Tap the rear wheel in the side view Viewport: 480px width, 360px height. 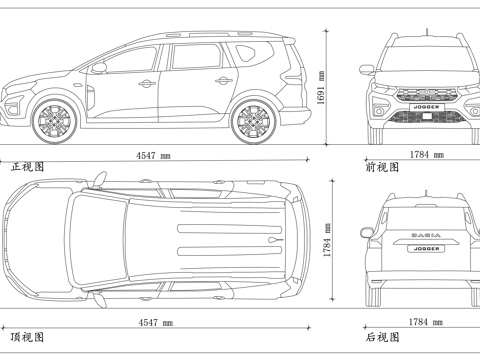[x=251, y=122]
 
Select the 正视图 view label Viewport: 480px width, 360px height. [x=27, y=167]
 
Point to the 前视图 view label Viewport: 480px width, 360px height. [x=382, y=167]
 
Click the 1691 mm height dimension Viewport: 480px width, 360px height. [x=321, y=87]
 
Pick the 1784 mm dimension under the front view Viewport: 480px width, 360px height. [x=426, y=155]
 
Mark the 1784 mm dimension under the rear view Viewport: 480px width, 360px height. [x=426, y=323]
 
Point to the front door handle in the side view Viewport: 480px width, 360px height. [x=146, y=83]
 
